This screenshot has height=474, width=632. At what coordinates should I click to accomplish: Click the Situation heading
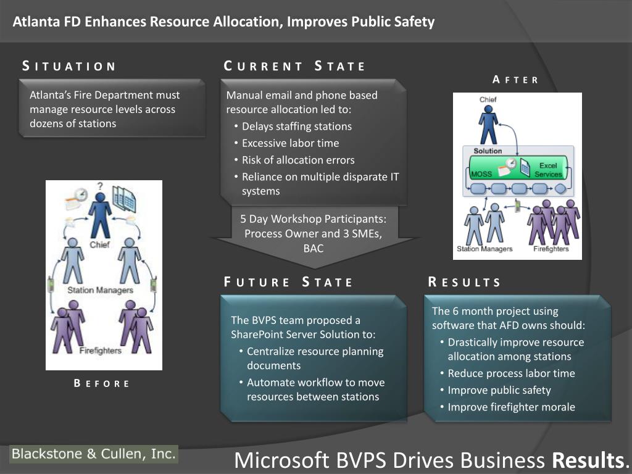tap(69, 66)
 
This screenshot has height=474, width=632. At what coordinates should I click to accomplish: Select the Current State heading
tap(294, 66)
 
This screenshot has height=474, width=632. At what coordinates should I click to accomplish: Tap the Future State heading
tap(288, 283)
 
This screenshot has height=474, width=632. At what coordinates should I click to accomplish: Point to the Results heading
tap(464, 283)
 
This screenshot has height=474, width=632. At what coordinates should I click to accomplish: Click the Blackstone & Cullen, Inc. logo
tap(94, 454)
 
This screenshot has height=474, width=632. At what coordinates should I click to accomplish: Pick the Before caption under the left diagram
tap(102, 383)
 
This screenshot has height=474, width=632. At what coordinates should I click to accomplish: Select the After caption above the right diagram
tap(515, 80)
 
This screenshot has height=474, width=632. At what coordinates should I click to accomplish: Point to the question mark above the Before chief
tap(99, 186)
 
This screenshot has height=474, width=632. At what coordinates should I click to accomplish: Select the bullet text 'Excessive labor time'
tap(290, 143)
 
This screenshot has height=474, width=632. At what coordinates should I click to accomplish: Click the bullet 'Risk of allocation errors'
tap(298, 160)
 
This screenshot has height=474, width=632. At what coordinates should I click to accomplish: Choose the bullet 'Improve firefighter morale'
tap(511, 407)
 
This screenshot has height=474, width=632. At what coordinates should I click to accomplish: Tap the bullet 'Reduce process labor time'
tap(511, 373)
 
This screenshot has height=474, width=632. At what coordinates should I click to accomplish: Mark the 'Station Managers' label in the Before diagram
tap(100, 289)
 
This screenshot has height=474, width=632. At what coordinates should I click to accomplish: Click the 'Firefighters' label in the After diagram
tap(551, 249)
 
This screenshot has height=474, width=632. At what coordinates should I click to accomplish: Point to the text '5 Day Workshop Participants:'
tap(314, 218)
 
